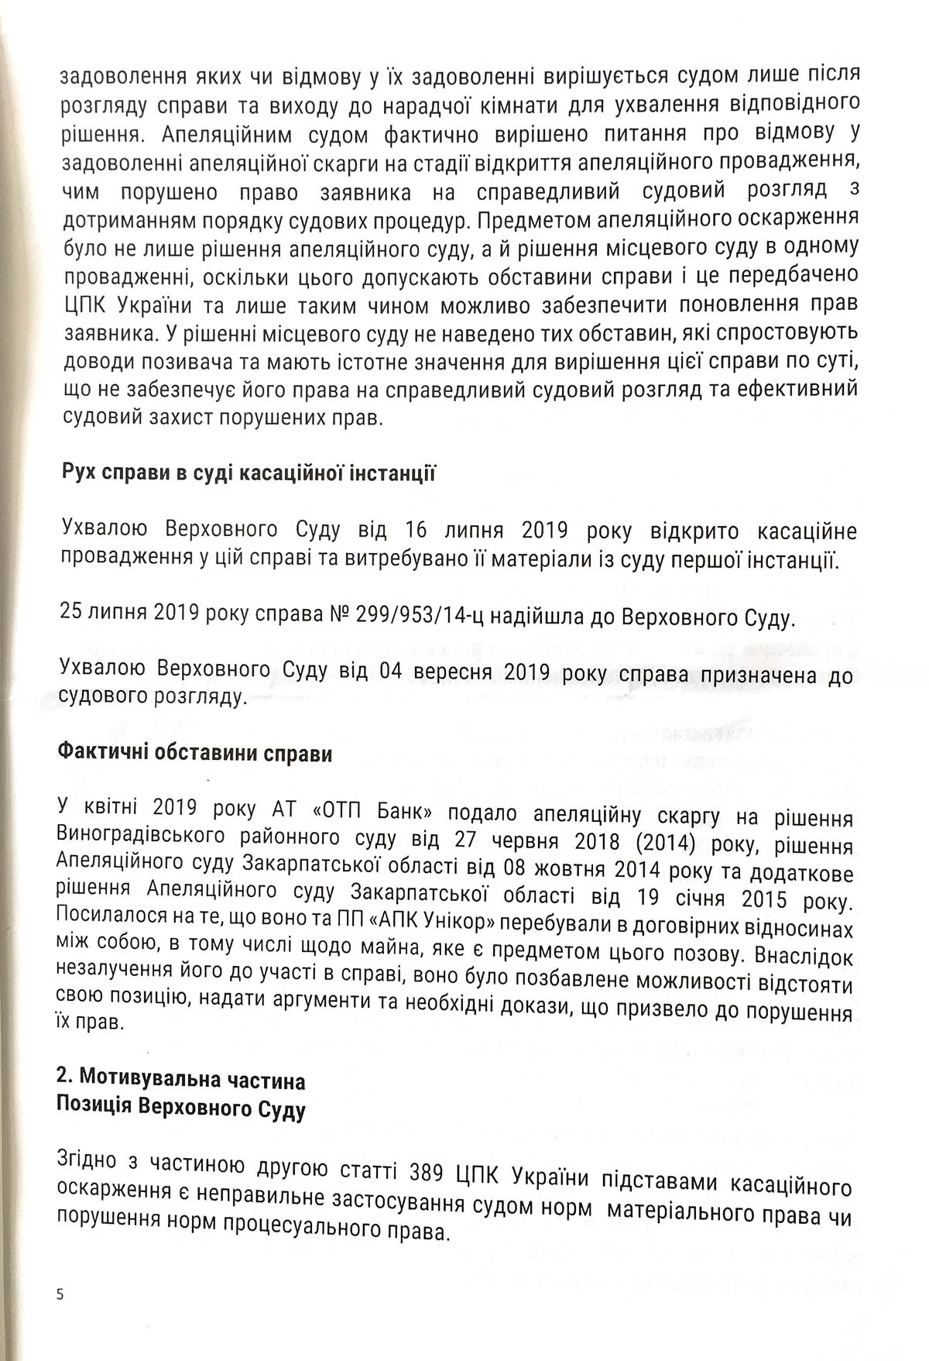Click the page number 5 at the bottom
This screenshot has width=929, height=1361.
click(60, 1294)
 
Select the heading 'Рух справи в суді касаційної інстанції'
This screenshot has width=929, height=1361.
click(248, 473)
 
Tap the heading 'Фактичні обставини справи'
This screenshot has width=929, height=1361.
click(195, 753)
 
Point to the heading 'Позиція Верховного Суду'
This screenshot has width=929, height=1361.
click(181, 1110)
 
